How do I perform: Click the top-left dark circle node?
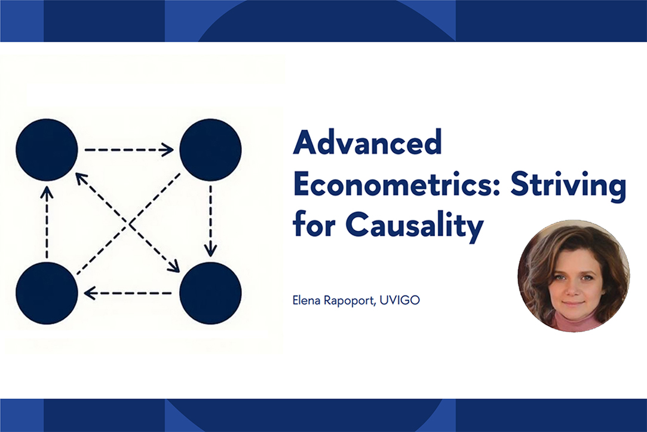click(47, 150)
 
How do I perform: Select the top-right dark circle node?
click(210, 150)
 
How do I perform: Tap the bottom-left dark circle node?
click(47, 293)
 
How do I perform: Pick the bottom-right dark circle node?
click(210, 293)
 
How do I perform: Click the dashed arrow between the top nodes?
click(128, 150)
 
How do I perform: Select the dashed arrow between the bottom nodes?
click(128, 293)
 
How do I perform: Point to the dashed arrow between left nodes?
click(47, 221)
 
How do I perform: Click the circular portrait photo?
click(574, 275)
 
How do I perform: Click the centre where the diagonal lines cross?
click(128, 223)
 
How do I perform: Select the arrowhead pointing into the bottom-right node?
click(174, 268)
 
